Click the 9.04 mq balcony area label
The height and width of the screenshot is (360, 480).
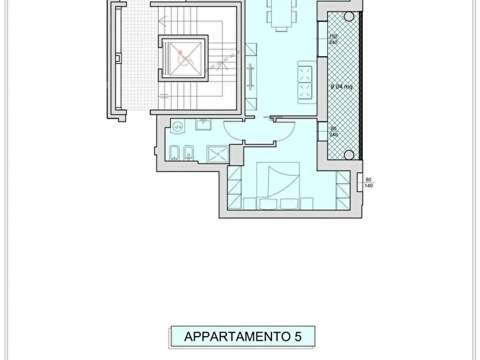340,87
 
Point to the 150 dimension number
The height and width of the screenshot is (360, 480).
333,36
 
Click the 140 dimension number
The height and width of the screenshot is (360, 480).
368,186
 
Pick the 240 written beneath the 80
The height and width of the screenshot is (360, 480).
333,134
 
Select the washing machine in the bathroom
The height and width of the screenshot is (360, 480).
177,128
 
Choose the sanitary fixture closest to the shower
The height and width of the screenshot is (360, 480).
192,154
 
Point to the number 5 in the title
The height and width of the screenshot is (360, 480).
298,337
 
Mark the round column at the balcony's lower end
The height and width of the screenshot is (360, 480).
348,154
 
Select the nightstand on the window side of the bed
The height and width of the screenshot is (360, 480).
306,202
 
